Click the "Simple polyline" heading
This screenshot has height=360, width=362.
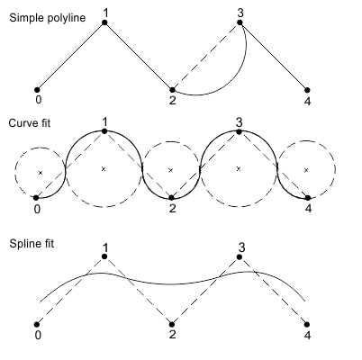[x=48, y=18]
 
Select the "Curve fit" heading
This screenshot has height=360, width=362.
[x=30, y=123]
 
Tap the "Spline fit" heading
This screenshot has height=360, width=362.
[x=32, y=243]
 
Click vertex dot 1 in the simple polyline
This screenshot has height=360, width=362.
[x=104, y=22]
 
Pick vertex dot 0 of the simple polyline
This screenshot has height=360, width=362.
[x=37, y=90]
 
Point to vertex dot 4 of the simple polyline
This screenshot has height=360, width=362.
[x=307, y=90]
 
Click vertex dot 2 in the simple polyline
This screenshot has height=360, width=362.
[x=172, y=90]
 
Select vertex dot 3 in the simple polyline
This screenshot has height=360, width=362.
[x=240, y=22]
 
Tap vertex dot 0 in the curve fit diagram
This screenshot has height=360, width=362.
[x=36, y=198]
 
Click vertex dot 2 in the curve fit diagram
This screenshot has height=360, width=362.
[x=171, y=198]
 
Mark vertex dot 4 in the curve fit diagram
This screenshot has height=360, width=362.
[x=308, y=198]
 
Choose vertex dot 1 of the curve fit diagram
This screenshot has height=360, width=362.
[x=104, y=131]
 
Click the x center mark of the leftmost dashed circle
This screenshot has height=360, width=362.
[x=41, y=173]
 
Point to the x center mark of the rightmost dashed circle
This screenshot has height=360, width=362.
[x=306, y=170]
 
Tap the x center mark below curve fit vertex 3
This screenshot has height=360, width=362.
[x=239, y=169]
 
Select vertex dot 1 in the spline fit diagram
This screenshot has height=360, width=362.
[x=104, y=256]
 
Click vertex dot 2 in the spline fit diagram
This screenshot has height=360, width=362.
[x=172, y=324]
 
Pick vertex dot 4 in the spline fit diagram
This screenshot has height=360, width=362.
[x=307, y=324]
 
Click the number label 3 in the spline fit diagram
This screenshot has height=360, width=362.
[x=241, y=247]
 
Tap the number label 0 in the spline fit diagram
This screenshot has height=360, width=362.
[x=38, y=335]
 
